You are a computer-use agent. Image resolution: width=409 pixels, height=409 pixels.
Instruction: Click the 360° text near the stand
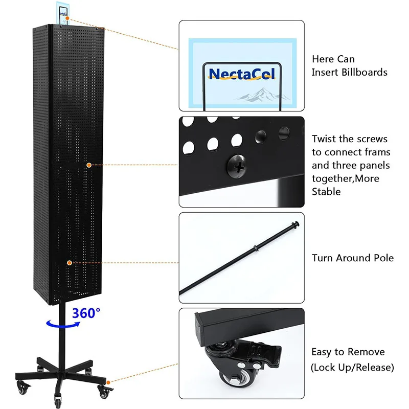[85, 312]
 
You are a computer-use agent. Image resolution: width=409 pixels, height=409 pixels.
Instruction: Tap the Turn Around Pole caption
[353, 258]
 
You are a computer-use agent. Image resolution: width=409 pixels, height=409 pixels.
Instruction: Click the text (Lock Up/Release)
[353, 367]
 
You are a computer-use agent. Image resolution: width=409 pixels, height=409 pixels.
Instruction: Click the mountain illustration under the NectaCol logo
[256, 94]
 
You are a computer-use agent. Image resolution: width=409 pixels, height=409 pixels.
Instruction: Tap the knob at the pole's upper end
[295, 224]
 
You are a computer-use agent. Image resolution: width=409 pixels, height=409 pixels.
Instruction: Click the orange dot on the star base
[109, 381]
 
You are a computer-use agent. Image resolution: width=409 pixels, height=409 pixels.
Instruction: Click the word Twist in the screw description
[326, 139]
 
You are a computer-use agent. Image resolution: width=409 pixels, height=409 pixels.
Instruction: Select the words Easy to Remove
[348, 352]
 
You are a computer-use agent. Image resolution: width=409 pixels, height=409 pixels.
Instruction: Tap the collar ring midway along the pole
[254, 248]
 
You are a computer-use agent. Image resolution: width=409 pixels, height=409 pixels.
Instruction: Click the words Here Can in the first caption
[333, 59]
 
